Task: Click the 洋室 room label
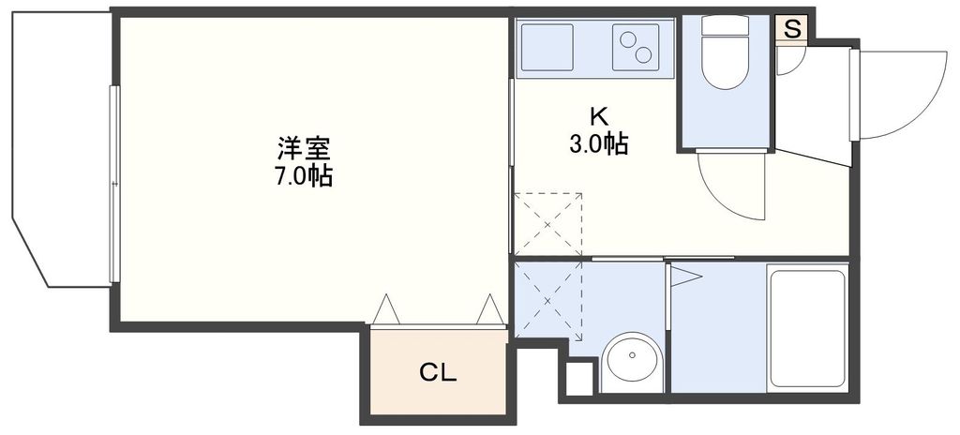point(304,148)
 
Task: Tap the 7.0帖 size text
point(304,175)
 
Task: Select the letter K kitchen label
point(597,117)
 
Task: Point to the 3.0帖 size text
point(597,144)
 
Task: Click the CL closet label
point(437,373)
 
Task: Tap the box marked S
point(792,29)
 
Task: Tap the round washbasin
point(631,362)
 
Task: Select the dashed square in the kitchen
point(548,222)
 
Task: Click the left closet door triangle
point(385,310)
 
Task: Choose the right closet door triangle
point(490,310)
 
